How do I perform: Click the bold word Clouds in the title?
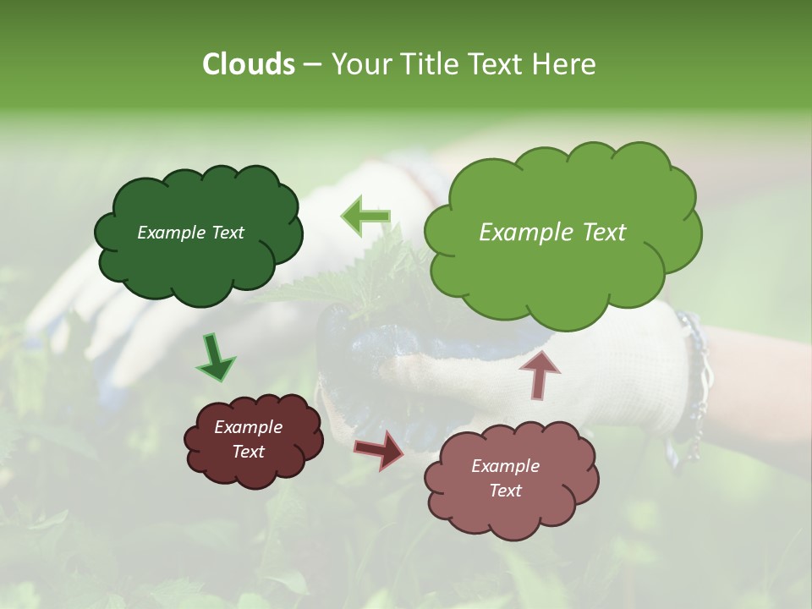(249, 64)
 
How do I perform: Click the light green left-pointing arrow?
(365, 217)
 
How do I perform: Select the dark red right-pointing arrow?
(380, 449)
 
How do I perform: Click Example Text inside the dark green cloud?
(190, 233)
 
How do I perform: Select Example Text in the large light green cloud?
(552, 233)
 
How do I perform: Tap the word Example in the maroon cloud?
(248, 427)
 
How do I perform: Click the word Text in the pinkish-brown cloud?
(505, 491)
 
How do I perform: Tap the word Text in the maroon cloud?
(248, 452)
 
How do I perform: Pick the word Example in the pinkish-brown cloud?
(505, 466)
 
